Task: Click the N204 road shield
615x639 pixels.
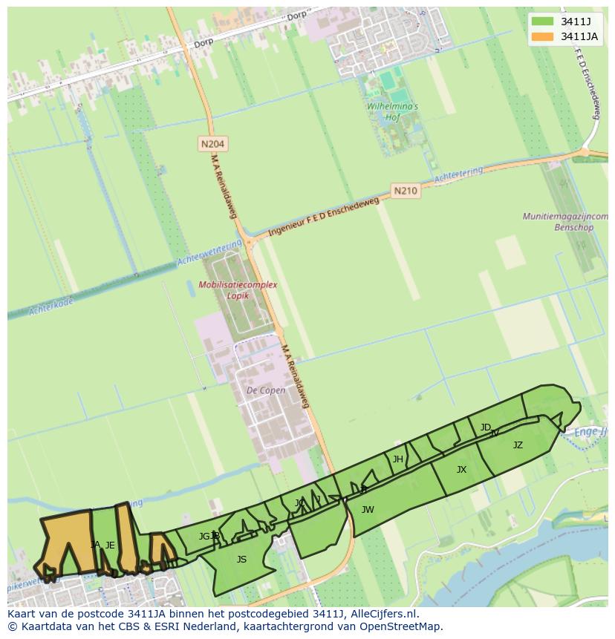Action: [212, 143]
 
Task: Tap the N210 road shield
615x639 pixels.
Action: [406, 191]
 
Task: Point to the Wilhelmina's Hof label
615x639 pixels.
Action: [392, 111]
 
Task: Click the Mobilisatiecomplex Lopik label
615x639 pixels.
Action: [238, 289]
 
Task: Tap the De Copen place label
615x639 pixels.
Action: [266, 390]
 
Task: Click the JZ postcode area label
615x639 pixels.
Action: [518, 445]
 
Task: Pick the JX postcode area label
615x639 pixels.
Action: [461, 470]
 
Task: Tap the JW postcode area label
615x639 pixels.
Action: [368, 509]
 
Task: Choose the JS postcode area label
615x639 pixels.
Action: [241, 560]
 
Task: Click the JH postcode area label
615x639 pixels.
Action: [398, 459]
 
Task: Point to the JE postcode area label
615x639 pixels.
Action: [110, 545]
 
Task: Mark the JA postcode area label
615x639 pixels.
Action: [95, 545]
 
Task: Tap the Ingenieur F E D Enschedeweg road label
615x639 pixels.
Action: [323, 216]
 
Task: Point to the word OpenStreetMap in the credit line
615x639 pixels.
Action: [403, 626]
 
